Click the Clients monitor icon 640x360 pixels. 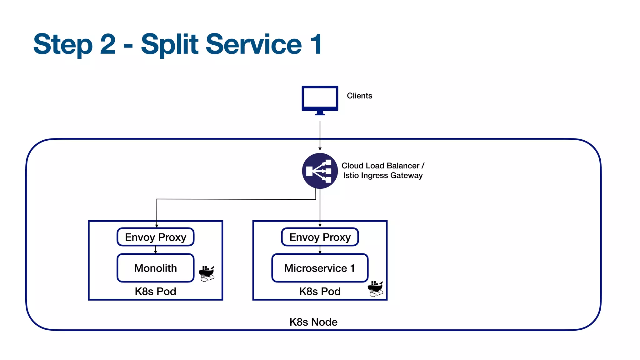pos(320,100)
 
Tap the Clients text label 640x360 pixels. pos(359,96)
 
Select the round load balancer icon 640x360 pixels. pos(320,171)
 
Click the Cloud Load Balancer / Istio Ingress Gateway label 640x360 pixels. pos(382,171)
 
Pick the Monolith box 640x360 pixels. pos(155,268)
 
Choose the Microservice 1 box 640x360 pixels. pos(320,268)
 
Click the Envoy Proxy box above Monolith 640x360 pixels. pos(155,237)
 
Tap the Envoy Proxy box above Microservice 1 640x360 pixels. pos(320,237)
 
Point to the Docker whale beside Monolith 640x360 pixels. pos(207,274)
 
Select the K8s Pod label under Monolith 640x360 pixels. pos(155,291)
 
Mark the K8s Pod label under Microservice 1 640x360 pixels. pos(320,291)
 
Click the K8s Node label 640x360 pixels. pos(313,322)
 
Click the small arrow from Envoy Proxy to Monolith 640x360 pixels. pos(155,250)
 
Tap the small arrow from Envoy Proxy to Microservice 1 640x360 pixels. pos(320,250)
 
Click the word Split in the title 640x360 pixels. pos(170,44)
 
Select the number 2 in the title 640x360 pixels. pos(108,44)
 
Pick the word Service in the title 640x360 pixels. pos(253,44)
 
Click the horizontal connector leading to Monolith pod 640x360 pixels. pos(236,199)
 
